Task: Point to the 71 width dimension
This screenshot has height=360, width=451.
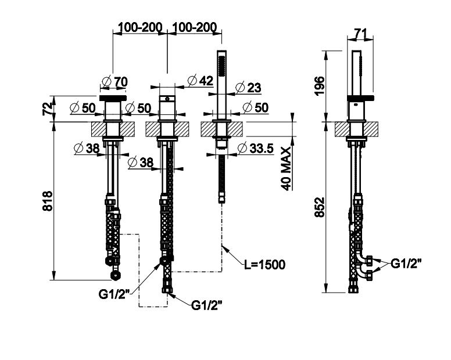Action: point(360,34)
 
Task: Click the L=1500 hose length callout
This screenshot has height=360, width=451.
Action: point(264,265)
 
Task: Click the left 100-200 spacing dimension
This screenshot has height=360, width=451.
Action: point(139,27)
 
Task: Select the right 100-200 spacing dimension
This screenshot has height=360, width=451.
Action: point(195,27)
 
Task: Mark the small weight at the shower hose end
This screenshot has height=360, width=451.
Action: point(221,200)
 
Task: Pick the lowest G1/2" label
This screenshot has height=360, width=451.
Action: point(207,304)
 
